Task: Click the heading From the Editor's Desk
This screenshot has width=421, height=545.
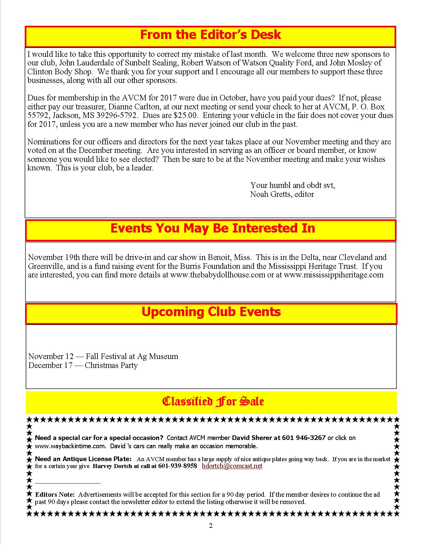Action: (210, 35)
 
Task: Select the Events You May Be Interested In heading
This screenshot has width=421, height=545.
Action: (212, 228)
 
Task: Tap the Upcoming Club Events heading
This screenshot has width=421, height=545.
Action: (211, 312)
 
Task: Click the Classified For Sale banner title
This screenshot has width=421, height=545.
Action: (213, 401)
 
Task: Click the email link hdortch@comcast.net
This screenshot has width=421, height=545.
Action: (232, 466)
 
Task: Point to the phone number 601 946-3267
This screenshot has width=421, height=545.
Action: (304, 438)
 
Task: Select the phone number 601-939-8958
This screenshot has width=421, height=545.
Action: (178, 466)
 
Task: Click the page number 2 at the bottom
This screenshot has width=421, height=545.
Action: (210, 526)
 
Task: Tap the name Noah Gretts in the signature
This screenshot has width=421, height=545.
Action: (271, 194)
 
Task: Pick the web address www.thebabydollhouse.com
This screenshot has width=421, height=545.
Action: (218, 275)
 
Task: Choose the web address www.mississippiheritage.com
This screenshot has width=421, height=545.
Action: (333, 275)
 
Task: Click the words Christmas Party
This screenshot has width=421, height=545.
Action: (111, 365)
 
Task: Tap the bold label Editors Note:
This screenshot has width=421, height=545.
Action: (55, 495)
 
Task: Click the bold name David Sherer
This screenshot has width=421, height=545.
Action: (252, 438)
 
